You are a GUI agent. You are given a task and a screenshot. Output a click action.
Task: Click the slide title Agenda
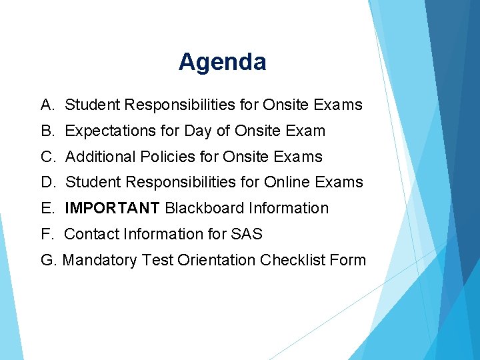click(x=222, y=62)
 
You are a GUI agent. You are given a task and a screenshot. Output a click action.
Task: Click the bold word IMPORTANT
click(x=112, y=208)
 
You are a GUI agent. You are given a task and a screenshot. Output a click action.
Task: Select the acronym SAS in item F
click(x=247, y=234)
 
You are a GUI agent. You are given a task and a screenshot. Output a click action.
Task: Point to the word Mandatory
click(x=99, y=260)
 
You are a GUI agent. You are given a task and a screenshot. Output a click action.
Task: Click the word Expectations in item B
click(x=105, y=131)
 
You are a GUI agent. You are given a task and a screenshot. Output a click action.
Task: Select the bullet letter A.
click(x=47, y=105)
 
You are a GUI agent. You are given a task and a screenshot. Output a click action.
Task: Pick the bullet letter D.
click(x=47, y=182)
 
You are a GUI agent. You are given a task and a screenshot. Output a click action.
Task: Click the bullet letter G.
click(x=48, y=260)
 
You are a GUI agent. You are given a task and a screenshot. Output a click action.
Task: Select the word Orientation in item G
click(x=217, y=260)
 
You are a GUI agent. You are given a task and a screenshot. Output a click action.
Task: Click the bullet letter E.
click(x=47, y=208)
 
